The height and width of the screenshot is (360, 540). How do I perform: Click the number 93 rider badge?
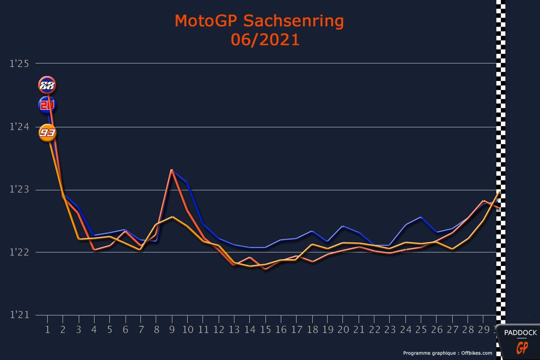pyautogui.click(x=47, y=133)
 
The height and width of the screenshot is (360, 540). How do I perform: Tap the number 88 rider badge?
pyautogui.click(x=47, y=85)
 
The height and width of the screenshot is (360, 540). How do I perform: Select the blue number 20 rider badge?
pyautogui.click(x=47, y=105)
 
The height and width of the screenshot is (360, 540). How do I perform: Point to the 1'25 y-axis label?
pyautogui.click(x=19, y=64)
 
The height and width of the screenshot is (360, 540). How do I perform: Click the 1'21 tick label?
pyautogui.click(x=19, y=315)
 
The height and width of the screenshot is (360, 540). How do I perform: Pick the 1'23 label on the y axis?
pyautogui.click(x=19, y=190)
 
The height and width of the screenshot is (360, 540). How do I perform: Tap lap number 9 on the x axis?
pyautogui.click(x=172, y=329)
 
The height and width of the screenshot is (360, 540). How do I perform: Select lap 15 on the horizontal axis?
pyautogui.click(x=265, y=329)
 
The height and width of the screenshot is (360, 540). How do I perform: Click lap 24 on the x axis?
pyautogui.click(x=406, y=329)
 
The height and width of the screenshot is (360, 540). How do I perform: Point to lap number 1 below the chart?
pyautogui.click(x=47, y=329)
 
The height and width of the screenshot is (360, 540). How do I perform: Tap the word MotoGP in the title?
pyautogui.click(x=202, y=21)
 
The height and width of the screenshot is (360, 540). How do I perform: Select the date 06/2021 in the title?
pyautogui.click(x=265, y=40)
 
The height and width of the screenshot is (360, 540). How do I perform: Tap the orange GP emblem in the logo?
pyautogui.click(x=522, y=348)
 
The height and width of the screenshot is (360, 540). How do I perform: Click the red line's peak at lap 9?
pyautogui.click(x=172, y=170)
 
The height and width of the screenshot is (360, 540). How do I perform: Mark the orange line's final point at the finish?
pyautogui.click(x=499, y=192)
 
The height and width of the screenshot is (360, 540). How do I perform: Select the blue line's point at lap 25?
pyautogui.click(x=421, y=217)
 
